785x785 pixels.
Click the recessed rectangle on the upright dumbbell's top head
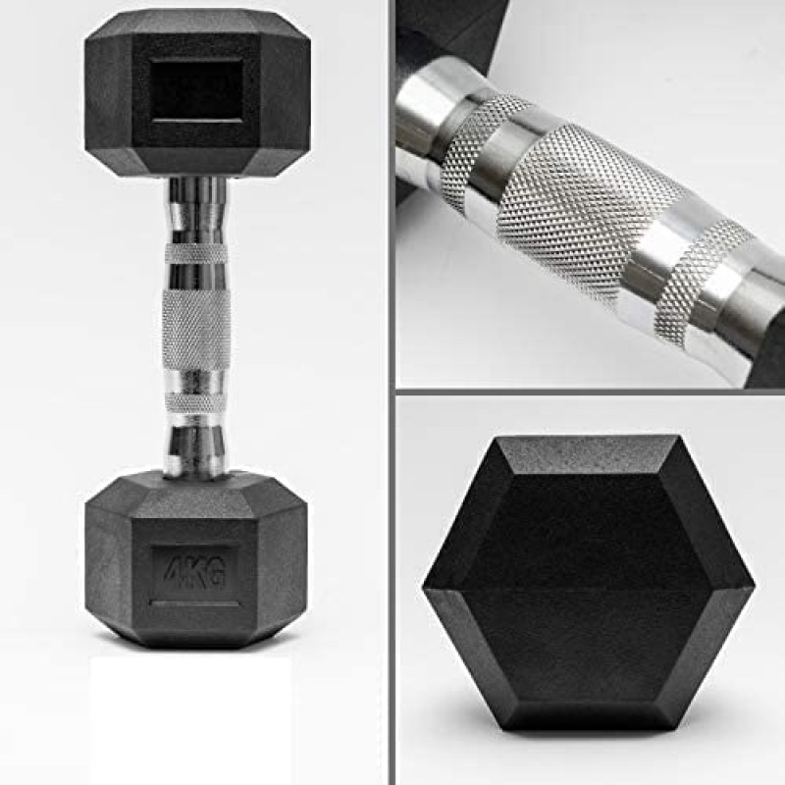pyautogui.click(x=196, y=90)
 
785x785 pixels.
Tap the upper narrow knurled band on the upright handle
pyautogui.click(x=196, y=252)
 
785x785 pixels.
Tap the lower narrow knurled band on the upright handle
pyautogui.click(x=196, y=401)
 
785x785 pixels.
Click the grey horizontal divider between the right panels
pyautogui.click(x=589, y=392)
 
